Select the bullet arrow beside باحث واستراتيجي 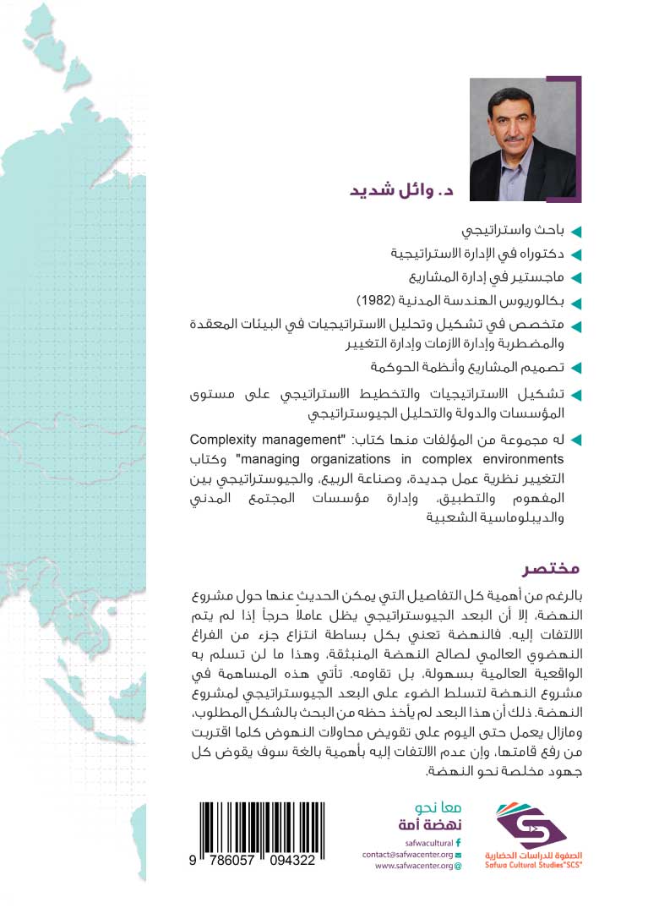click(x=576, y=232)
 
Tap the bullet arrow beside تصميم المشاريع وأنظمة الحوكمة click(x=576, y=369)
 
